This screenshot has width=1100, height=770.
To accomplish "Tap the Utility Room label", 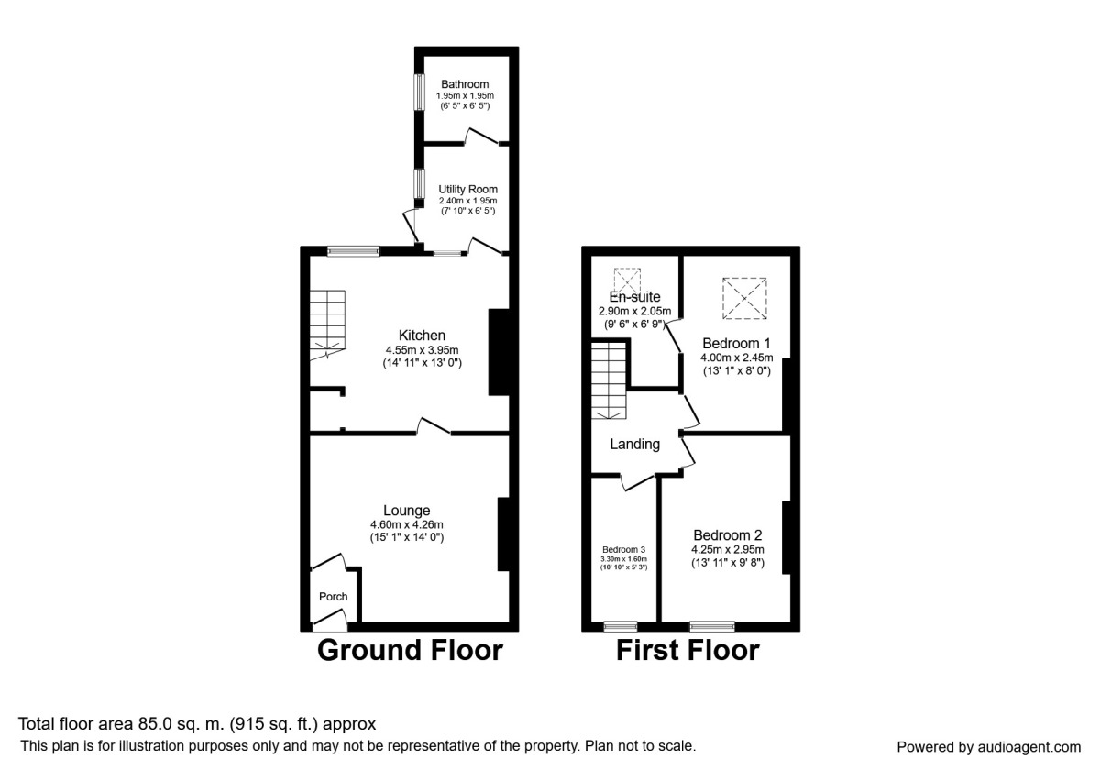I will (x=467, y=189).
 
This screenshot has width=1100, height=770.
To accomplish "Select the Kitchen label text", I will (x=422, y=335).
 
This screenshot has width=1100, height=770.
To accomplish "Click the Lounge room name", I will (x=407, y=510).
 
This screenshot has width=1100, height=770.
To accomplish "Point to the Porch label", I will (x=333, y=597).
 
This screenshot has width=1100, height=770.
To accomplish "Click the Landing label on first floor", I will (x=635, y=445).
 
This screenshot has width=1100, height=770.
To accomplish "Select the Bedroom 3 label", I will (x=623, y=549).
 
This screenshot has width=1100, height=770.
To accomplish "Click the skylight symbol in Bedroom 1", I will (x=744, y=298).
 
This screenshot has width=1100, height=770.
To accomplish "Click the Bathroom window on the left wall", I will (x=418, y=92).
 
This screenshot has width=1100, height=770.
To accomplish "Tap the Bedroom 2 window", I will (x=712, y=626).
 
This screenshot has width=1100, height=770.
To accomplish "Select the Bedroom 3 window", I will (x=622, y=626).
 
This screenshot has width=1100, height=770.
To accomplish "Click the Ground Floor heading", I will (x=410, y=651).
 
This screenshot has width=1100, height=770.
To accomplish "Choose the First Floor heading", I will (x=687, y=651).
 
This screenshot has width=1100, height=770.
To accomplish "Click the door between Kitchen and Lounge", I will (x=434, y=427).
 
